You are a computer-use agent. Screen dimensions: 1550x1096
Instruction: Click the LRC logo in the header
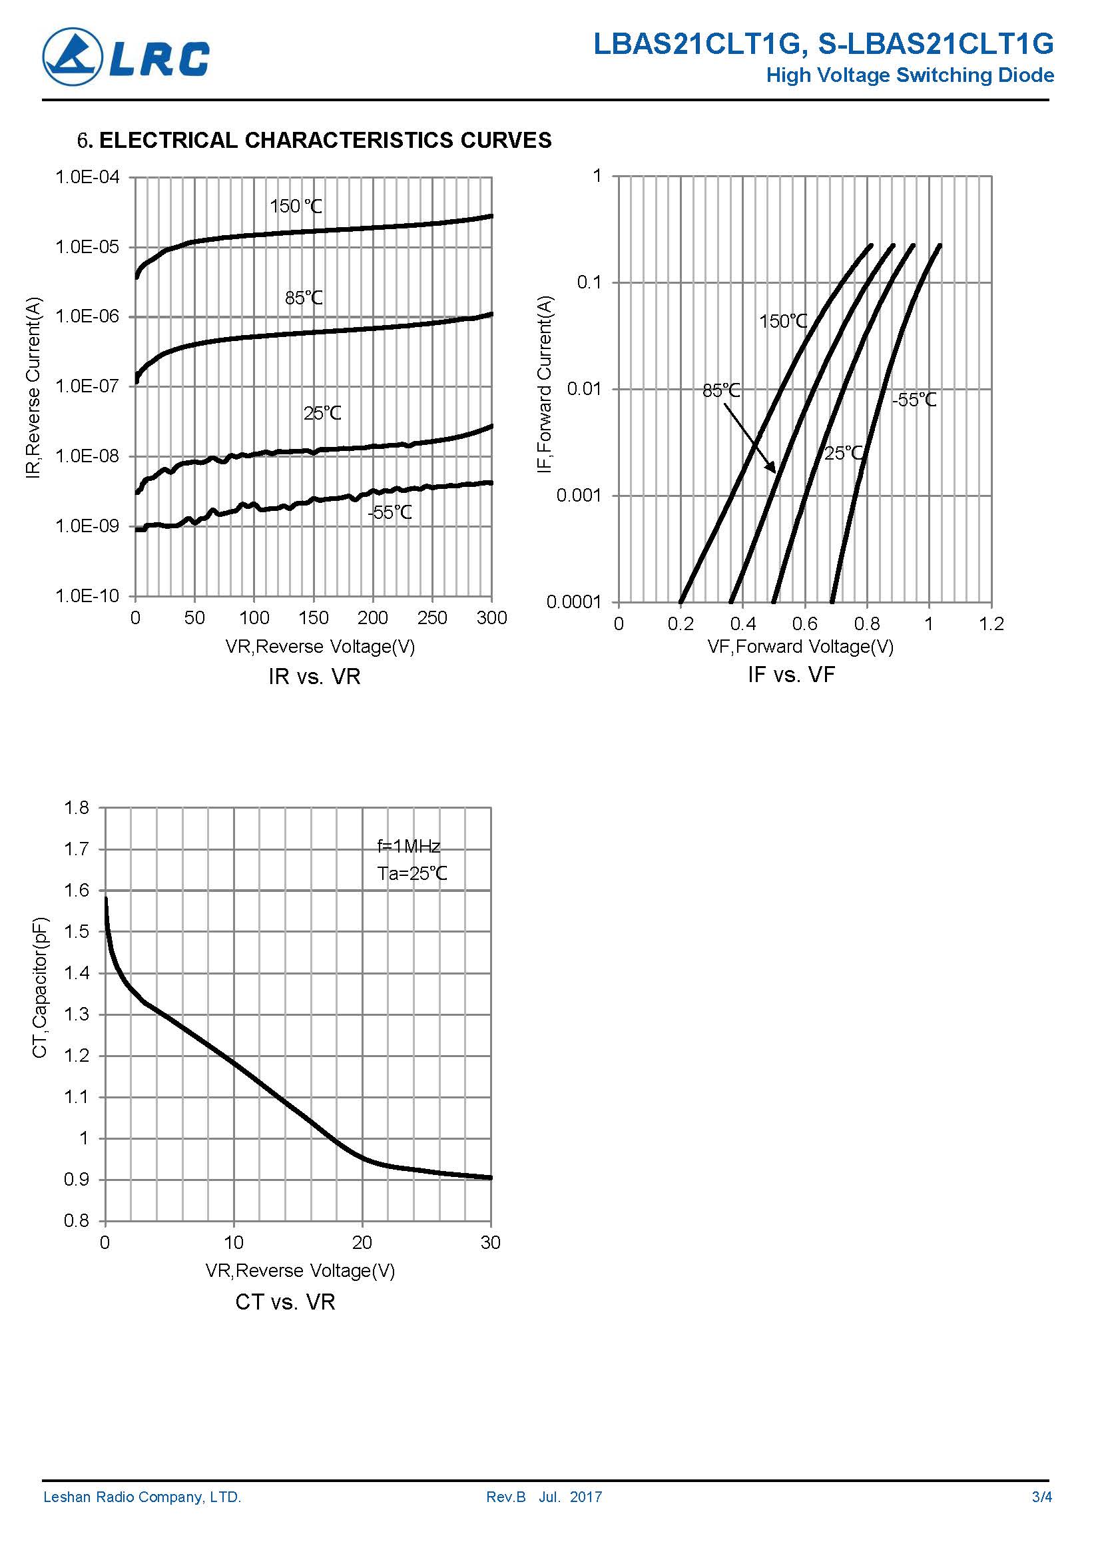pyautogui.click(x=127, y=57)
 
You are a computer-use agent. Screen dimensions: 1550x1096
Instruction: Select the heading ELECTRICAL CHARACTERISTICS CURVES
pyautogui.click(x=325, y=140)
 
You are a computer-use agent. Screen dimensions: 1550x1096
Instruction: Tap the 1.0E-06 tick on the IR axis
pyautogui.click(x=87, y=316)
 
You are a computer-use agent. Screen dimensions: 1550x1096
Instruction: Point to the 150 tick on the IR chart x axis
pyautogui.click(x=313, y=617)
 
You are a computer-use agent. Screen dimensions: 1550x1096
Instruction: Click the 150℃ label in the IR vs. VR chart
pyautogui.click(x=296, y=206)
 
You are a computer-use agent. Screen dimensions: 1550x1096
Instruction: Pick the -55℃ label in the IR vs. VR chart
pyautogui.click(x=390, y=512)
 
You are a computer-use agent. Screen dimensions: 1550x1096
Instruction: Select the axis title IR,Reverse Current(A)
pyautogui.click(x=34, y=388)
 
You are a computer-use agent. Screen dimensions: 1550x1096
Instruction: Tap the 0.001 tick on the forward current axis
pyautogui.click(x=578, y=496)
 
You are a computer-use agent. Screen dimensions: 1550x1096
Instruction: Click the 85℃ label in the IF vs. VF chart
pyautogui.click(x=720, y=390)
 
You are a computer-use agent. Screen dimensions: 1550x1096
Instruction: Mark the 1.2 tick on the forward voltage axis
pyautogui.click(x=991, y=623)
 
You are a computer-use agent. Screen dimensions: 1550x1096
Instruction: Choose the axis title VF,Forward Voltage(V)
pyautogui.click(x=800, y=646)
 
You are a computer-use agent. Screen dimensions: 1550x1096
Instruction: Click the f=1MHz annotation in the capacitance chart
pyautogui.click(x=408, y=846)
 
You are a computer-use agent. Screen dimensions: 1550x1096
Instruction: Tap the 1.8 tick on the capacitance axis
pyautogui.click(x=77, y=807)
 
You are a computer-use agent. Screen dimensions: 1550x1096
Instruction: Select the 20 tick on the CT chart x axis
pyautogui.click(x=362, y=1242)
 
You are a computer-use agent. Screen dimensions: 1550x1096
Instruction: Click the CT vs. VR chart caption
pyautogui.click(x=285, y=1302)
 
